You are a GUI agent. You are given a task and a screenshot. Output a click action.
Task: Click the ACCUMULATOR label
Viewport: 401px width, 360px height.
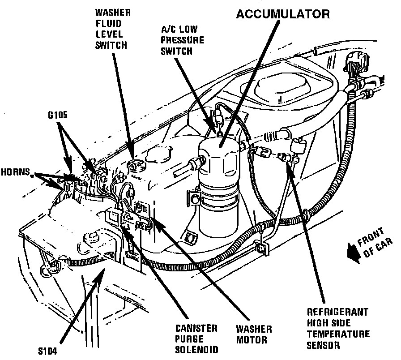coord(282,14)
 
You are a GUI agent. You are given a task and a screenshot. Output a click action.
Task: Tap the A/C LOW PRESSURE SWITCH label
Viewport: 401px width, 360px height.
coord(182,40)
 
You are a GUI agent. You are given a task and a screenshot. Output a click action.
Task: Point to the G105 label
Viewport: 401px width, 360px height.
coord(58,116)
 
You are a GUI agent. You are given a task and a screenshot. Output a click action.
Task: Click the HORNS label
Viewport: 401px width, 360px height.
coord(16,171)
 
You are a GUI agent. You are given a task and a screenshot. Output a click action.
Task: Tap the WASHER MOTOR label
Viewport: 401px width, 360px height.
coord(252,334)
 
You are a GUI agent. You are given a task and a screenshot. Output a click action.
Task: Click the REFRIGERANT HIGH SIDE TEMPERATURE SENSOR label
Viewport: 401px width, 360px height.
coord(338,328)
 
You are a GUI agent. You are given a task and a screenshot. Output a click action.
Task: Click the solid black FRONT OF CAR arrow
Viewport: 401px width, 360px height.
coord(352,253)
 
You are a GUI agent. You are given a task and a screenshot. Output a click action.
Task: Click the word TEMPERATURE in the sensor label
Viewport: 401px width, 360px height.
coord(338,334)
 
